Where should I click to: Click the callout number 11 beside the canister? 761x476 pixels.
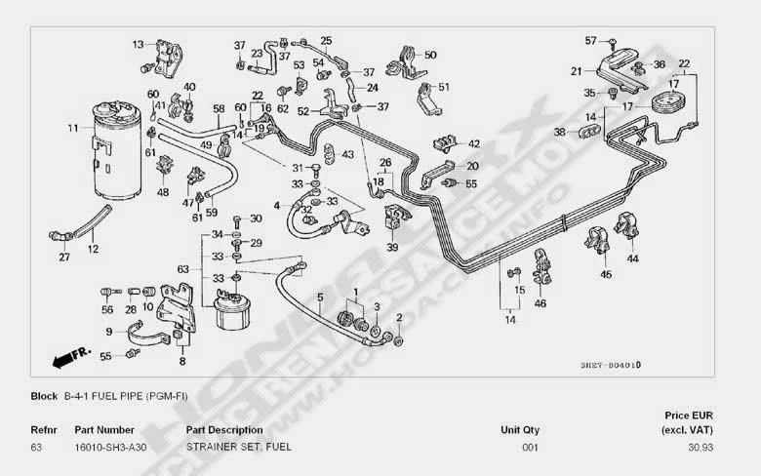[73, 128]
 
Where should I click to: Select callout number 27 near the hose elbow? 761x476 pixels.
[64, 258]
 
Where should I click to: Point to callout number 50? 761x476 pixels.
[430, 55]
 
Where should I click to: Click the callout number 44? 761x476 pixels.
[632, 258]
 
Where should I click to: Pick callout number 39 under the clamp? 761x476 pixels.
[392, 249]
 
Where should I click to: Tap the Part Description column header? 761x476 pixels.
[224, 429]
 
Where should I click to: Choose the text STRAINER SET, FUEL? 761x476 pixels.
[238, 447]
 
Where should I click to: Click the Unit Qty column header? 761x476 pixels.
[520, 429]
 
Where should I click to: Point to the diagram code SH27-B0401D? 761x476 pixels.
[611, 366]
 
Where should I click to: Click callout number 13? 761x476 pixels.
[138, 44]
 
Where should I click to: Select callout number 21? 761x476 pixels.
[577, 71]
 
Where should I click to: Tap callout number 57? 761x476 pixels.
[590, 40]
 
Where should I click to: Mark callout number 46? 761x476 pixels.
[540, 304]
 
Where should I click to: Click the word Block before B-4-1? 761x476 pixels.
[44, 397]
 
